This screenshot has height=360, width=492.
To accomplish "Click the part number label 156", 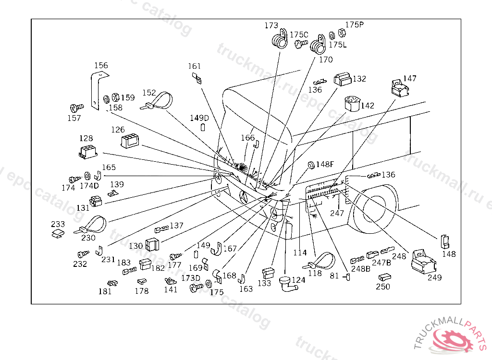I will pos(101,66).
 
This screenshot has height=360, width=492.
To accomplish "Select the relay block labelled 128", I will pos(87,152).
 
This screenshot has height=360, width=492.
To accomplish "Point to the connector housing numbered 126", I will pos(130,141).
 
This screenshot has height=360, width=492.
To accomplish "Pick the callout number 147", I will pos(410,78).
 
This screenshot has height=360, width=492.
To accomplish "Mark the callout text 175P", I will pos(355,24).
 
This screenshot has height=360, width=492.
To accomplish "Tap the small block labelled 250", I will pos(384,277).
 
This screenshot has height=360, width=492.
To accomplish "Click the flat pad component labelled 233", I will pos(58,233).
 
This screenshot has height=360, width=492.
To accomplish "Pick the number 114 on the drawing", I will pos(300,253).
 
